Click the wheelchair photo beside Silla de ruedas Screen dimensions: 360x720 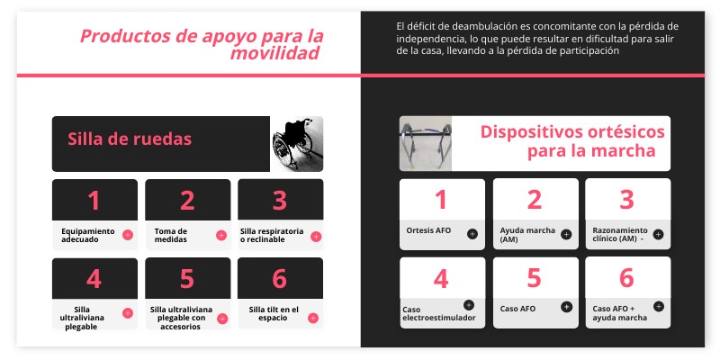(x=297, y=143)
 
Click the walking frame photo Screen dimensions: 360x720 (x=425, y=143)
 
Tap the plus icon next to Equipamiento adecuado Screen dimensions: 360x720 (x=128, y=235)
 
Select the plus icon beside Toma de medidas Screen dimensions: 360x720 (x=221, y=235)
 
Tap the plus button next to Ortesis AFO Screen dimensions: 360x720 (x=472, y=234)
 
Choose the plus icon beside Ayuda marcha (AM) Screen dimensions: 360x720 (x=566, y=234)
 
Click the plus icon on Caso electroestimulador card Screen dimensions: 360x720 (x=468, y=305)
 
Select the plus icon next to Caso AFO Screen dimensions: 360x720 (x=566, y=306)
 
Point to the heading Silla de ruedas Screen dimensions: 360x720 (x=129, y=139)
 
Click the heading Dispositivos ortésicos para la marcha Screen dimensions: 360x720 (x=572, y=142)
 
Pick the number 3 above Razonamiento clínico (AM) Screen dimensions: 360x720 (x=626, y=200)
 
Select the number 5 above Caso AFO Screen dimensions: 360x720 (x=534, y=277)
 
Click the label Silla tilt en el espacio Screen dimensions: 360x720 (x=274, y=313)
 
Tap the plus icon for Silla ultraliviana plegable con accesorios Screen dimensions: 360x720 (x=221, y=312)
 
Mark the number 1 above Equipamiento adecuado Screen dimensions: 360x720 (x=94, y=200)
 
